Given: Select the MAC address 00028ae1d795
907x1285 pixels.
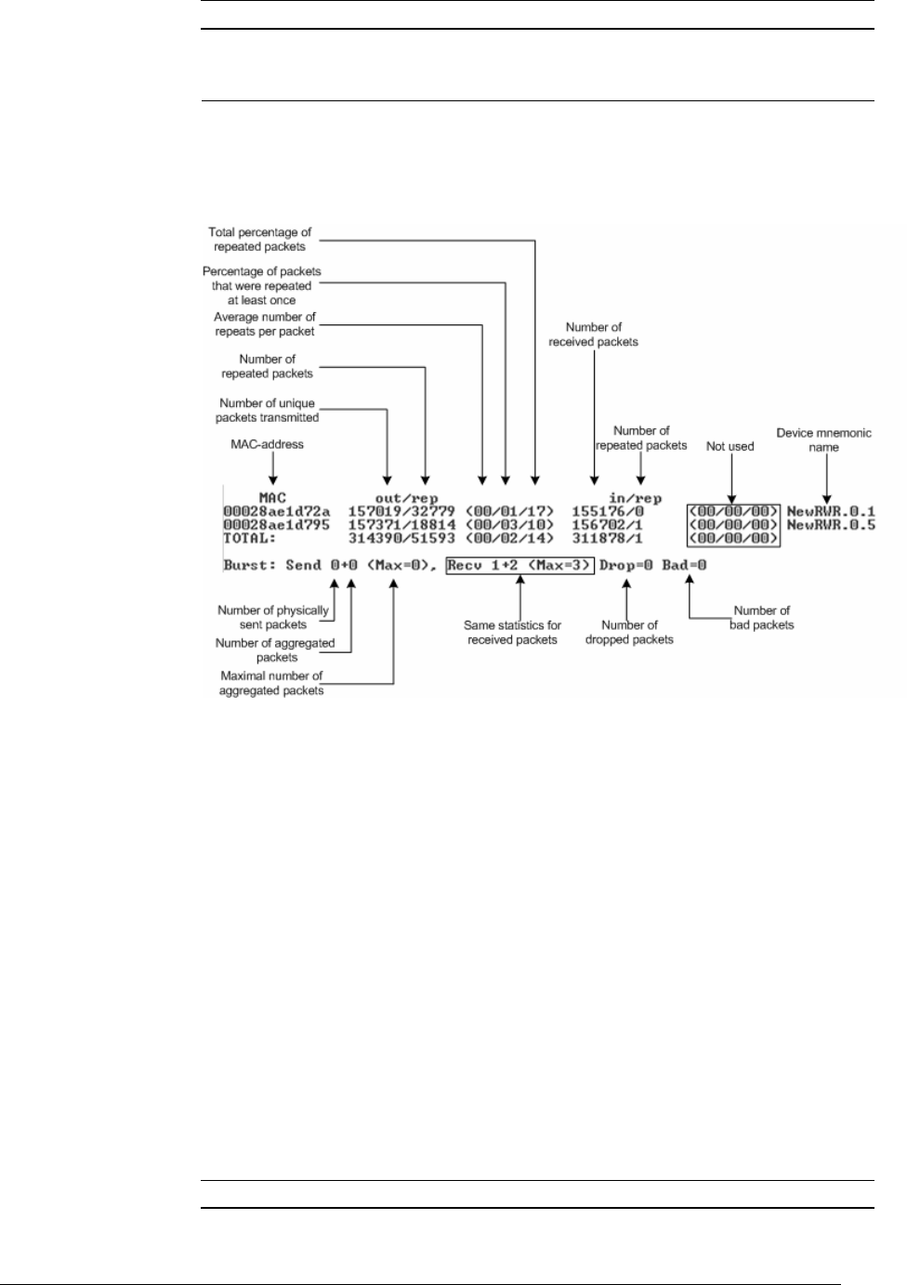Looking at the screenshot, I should (276, 524).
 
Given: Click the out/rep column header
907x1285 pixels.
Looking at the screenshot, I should (406, 498).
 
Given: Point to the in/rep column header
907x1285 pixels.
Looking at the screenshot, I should (635, 498).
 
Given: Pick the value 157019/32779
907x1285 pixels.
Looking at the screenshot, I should (401, 511).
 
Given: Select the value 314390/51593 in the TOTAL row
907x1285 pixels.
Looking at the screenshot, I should (401, 538).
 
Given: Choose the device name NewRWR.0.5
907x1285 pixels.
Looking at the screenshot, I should (831, 524).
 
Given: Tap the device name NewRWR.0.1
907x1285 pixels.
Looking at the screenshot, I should (831, 511).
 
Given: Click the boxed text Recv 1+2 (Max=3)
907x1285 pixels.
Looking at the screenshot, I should (519, 565).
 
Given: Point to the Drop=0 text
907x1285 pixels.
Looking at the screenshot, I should (626, 565).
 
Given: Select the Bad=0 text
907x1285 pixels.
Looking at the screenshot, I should (684, 565).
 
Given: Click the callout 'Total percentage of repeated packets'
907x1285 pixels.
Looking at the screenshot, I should (259, 240).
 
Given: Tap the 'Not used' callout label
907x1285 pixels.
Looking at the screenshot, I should (730, 447).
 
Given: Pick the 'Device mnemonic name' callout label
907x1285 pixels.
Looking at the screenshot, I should (823, 439).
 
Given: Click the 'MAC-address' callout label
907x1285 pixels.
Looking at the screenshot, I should (267, 444).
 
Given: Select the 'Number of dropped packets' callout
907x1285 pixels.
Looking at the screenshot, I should (629, 632).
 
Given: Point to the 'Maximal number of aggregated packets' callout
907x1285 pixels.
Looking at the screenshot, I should (271, 683).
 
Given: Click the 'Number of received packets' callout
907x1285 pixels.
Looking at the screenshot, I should (593, 334).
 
